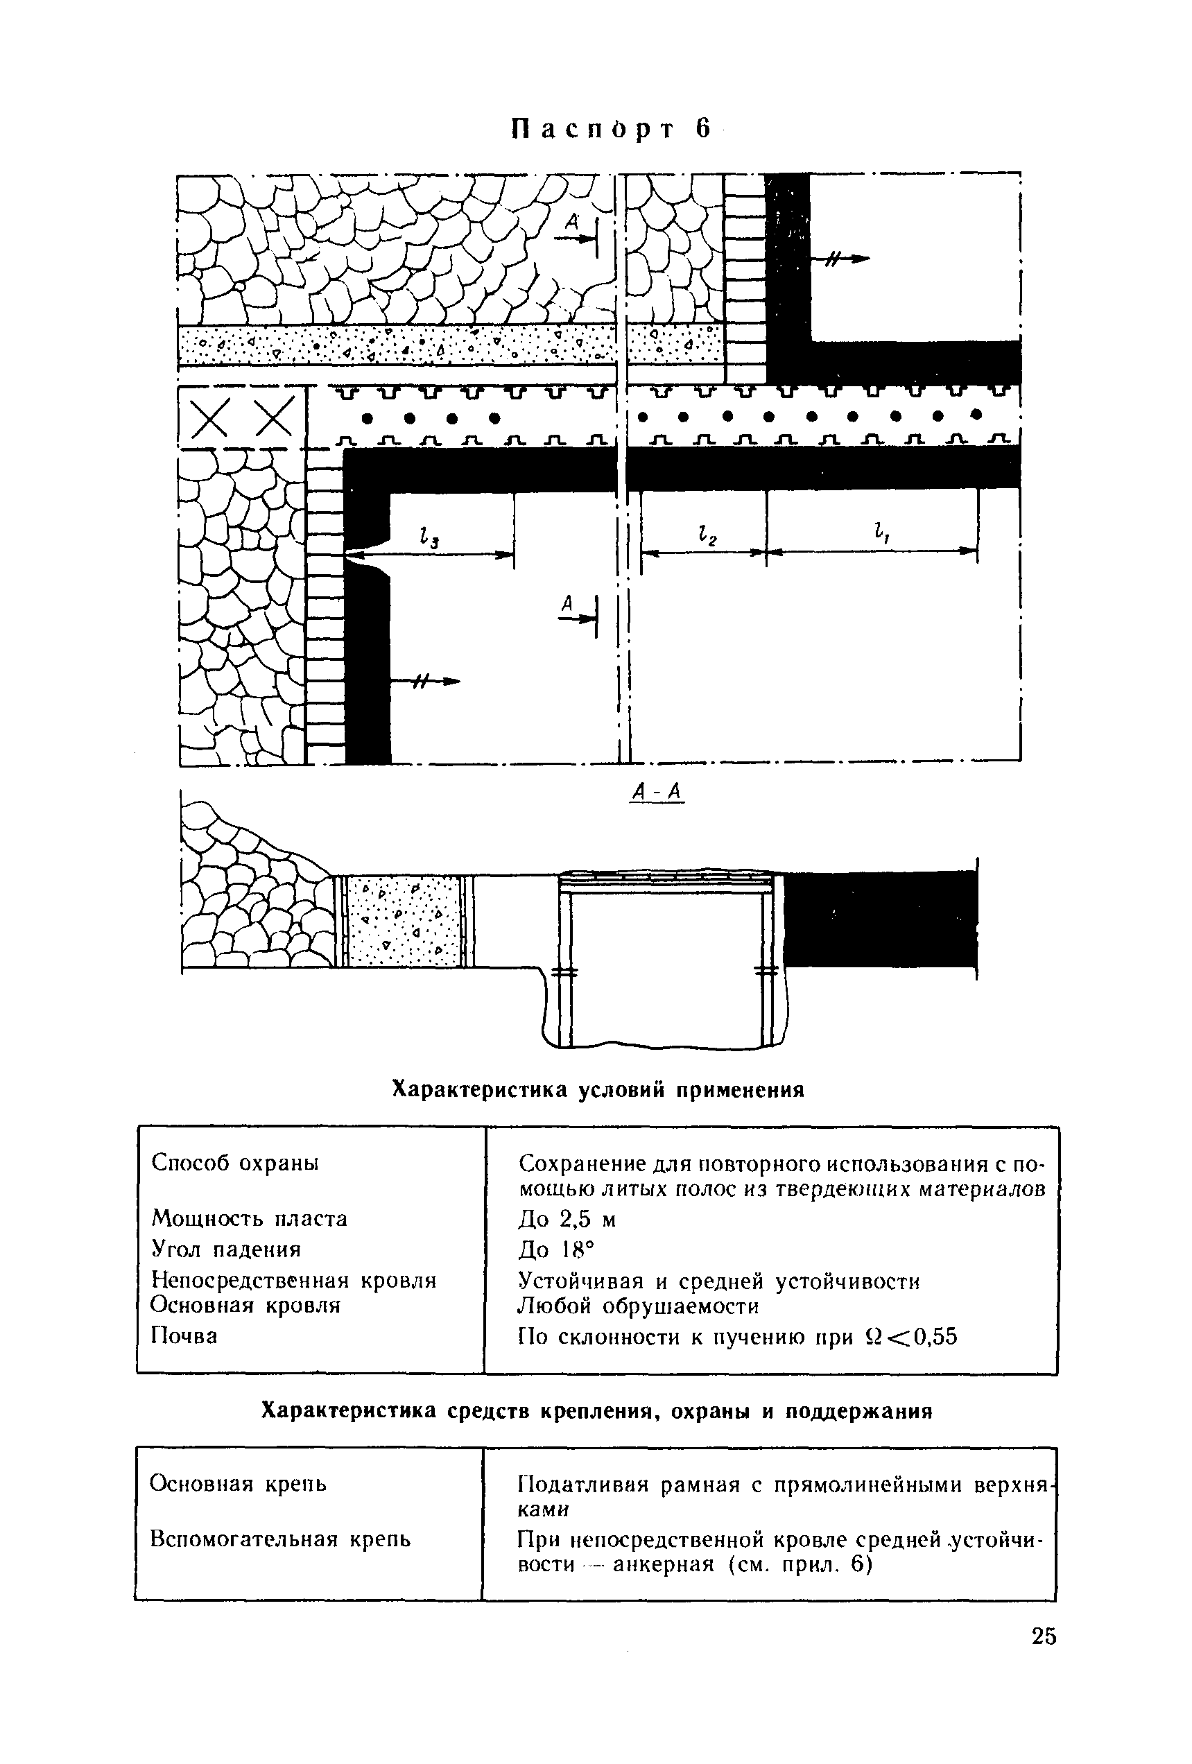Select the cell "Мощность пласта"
click(249, 1219)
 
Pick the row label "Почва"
click(184, 1336)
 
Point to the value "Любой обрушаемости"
click(638, 1306)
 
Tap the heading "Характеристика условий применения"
click(598, 1090)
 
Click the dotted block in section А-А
click(401, 922)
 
